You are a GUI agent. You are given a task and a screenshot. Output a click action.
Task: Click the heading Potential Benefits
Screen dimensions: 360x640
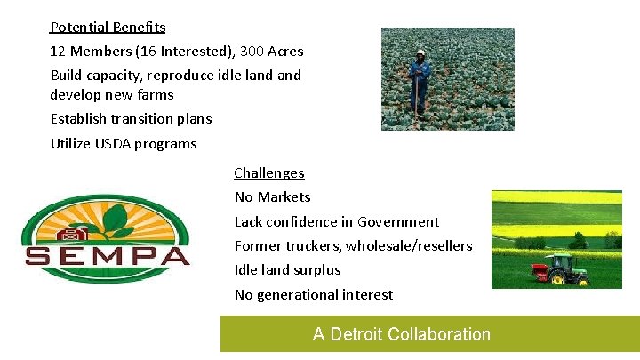coord(108,28)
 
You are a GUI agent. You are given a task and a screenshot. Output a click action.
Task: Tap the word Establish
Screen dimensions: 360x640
coord(78,118)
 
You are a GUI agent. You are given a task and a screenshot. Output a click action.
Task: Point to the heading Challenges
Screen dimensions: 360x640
coord(269,173)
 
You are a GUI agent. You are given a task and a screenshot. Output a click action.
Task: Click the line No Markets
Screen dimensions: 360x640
coord(272,197)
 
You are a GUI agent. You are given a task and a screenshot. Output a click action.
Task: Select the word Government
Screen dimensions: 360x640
coord(397,221)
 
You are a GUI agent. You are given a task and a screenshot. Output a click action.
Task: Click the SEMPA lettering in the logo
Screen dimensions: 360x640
coord(107,256)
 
